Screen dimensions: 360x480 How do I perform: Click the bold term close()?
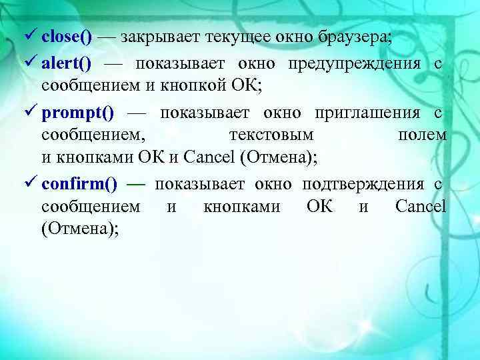coord(67,37)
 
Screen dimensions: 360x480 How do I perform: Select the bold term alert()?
coord(67,64)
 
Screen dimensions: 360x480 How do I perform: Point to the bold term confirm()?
coord(75,184)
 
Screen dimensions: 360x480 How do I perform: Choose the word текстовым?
coord(271,135)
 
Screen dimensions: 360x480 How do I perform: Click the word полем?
coord(422,135)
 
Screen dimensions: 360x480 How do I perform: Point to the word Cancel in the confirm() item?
coord(421,206)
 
